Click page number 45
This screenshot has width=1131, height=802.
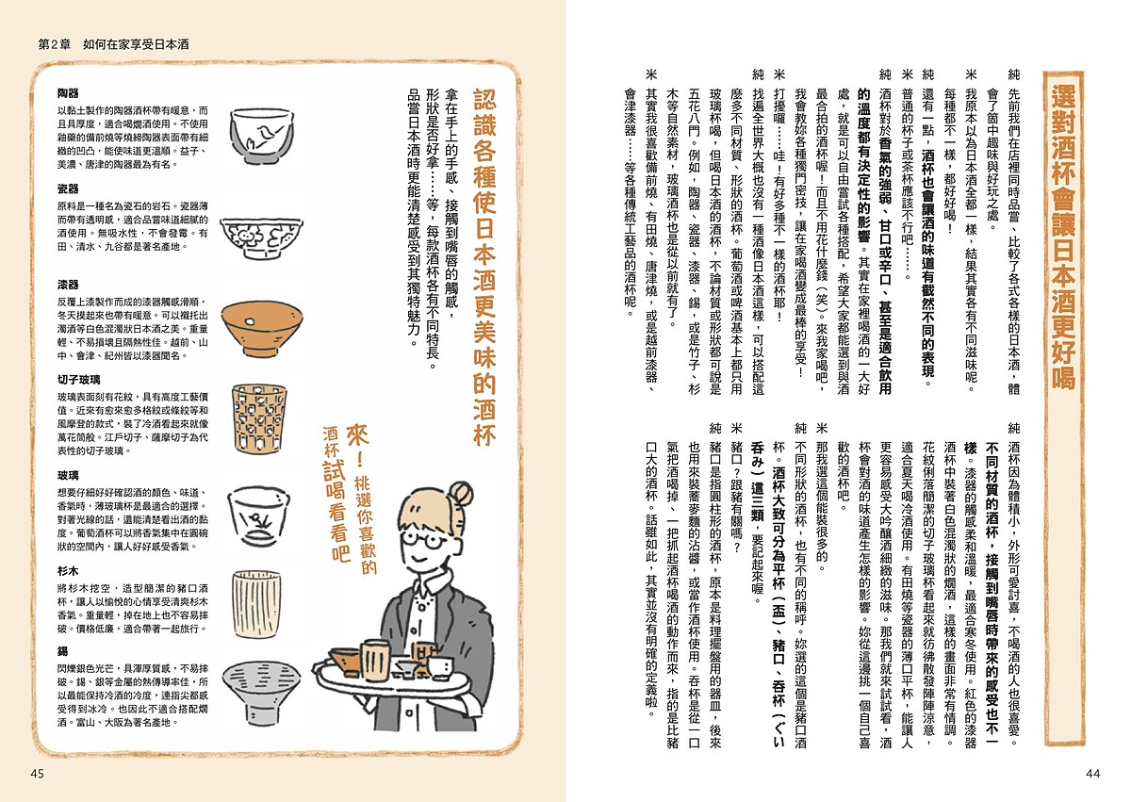38,774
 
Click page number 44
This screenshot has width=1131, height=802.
1092,774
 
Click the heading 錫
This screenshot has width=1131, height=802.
62,651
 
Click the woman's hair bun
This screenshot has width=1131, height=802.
459,495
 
